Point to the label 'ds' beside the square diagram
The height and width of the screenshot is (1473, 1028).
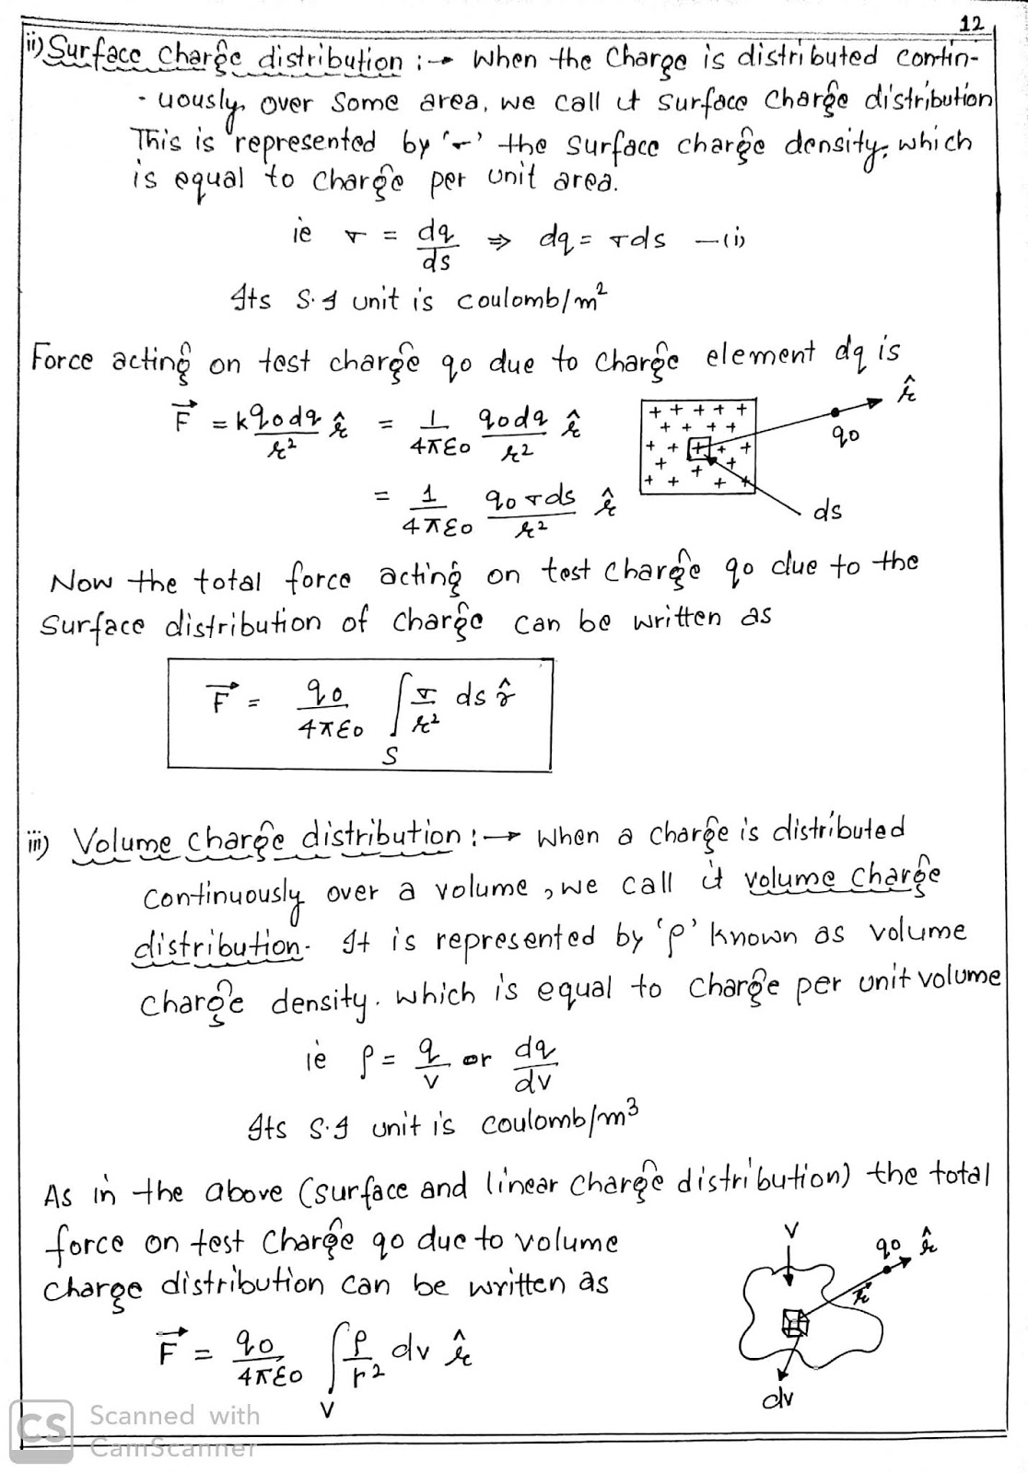827,511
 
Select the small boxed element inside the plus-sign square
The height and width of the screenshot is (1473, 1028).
699,447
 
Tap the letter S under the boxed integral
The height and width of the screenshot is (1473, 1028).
392,757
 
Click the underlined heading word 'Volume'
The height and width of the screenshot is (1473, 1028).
122,840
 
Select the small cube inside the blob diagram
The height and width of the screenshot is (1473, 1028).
794,1324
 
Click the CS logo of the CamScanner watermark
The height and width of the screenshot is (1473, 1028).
41,1430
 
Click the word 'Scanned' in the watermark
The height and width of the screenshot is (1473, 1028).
142,1416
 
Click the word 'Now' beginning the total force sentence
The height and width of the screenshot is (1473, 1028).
82,582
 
